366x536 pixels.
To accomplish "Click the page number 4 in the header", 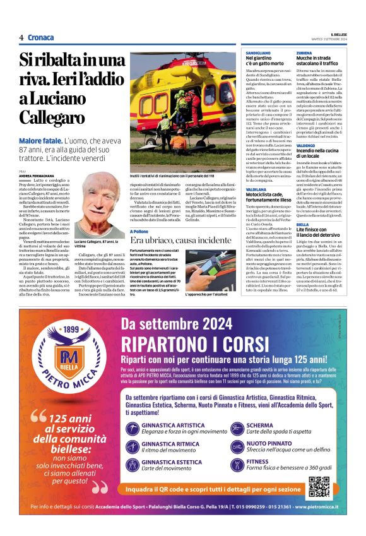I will (21, 37).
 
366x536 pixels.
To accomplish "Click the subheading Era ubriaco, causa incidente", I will (180, 241).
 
